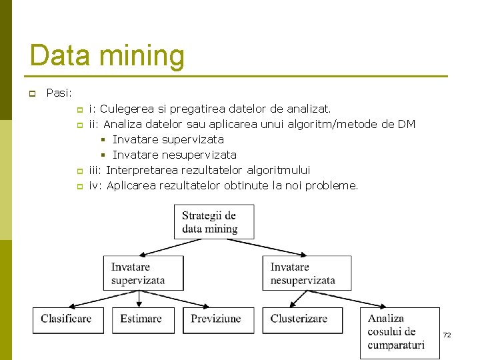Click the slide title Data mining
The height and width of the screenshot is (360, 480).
(x=107, y=55)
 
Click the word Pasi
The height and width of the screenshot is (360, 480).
(x=59, y=93)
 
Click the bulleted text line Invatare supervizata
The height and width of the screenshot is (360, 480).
(x=167, y=139)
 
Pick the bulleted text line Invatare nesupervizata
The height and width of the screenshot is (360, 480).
(x=174, y=155)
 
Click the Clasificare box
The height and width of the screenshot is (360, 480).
(x=67, y=319)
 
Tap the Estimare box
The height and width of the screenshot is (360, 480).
(x=143, y=319)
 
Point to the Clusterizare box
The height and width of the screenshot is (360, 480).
(x=301, y=319)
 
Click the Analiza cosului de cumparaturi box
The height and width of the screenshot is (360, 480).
(x=399, y=332)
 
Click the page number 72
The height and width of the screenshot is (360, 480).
(x=447, y=335)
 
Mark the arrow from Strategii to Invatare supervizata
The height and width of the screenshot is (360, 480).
(x=180, y=247)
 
